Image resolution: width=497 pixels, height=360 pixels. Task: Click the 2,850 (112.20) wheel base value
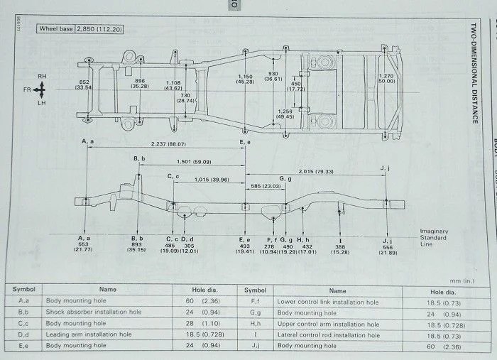(x=106, y=29)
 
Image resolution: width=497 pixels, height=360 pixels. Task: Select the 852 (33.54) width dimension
(x=84, y=84)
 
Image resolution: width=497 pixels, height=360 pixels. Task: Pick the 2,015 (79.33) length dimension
(x=316, y=172)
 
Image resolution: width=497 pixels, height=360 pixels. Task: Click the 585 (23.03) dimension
(x=266, y=186)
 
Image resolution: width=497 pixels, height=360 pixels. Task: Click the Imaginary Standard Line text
(x=433, y=237)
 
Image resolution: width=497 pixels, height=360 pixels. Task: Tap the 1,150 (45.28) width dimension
(x=245, y=79)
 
